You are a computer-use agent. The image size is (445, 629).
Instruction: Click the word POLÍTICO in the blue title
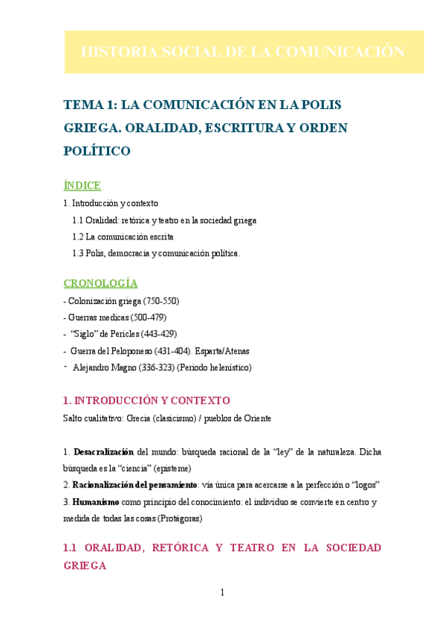tap(97, 151)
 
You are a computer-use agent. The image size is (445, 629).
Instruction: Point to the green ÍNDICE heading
tap(82, 185)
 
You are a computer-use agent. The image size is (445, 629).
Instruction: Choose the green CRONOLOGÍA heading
tap(100, 283)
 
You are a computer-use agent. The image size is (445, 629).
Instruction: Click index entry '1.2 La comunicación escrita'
tap(123, 237)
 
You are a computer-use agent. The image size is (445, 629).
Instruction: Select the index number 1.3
tap(78, 254)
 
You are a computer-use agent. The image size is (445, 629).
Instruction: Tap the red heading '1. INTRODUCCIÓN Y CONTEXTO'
tap(147, 401)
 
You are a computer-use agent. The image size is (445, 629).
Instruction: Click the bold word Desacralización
tap(103, 452)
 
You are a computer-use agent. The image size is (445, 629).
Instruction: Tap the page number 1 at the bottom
tap(222, 592)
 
